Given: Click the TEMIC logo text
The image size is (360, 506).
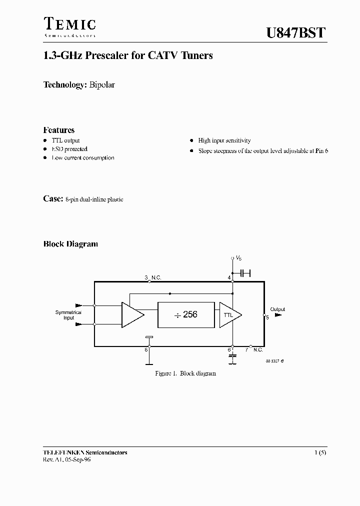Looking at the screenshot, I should point(69,24).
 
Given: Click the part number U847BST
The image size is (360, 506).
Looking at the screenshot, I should point(295,33).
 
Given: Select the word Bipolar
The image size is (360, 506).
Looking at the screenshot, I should point(102,85).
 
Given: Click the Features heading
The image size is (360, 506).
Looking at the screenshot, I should point(59,130).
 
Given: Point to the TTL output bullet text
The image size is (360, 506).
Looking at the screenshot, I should point(65,140).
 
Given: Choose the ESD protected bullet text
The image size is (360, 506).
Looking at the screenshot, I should point(69,149).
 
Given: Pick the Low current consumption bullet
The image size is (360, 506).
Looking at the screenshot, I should point(82,157).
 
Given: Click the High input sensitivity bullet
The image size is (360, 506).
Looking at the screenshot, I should point(224,140).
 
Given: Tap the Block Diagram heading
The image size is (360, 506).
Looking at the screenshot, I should point(70,244).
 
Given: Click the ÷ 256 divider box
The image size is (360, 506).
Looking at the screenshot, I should point(186,314).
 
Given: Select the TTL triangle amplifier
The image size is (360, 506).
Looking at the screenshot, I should point(229,314).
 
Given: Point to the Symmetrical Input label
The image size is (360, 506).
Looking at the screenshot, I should point(68,315).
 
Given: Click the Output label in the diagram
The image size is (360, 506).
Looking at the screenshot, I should point(277,309).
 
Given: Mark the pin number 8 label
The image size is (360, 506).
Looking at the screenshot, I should point(146,349).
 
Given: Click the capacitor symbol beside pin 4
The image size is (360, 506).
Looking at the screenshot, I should point(245,273).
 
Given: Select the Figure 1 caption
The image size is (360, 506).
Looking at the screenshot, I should point(185,373).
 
